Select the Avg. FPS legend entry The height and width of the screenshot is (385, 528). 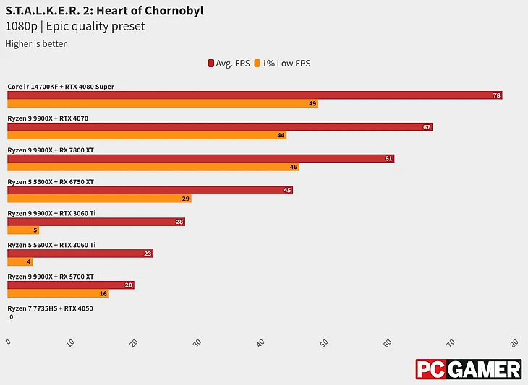coord(229,63)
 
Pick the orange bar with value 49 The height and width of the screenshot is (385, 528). coord(163,104)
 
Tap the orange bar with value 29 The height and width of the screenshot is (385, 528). coord(99,199)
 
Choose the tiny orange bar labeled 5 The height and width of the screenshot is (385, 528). coord(23,230)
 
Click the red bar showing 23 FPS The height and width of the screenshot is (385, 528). coord(80,254)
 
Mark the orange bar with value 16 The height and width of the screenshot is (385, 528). coord(58,293)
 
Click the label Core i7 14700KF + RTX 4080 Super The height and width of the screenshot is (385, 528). coord(61,87)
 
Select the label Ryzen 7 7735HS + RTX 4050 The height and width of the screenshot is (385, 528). coord(50,308)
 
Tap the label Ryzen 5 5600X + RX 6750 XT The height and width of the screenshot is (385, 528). coord(51,182)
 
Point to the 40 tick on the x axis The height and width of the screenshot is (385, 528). coord(261,342)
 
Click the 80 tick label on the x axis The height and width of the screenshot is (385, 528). coord(514,342)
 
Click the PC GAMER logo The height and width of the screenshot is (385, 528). coord(468,369)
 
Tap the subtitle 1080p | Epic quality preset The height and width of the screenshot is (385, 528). coord(75,27)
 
